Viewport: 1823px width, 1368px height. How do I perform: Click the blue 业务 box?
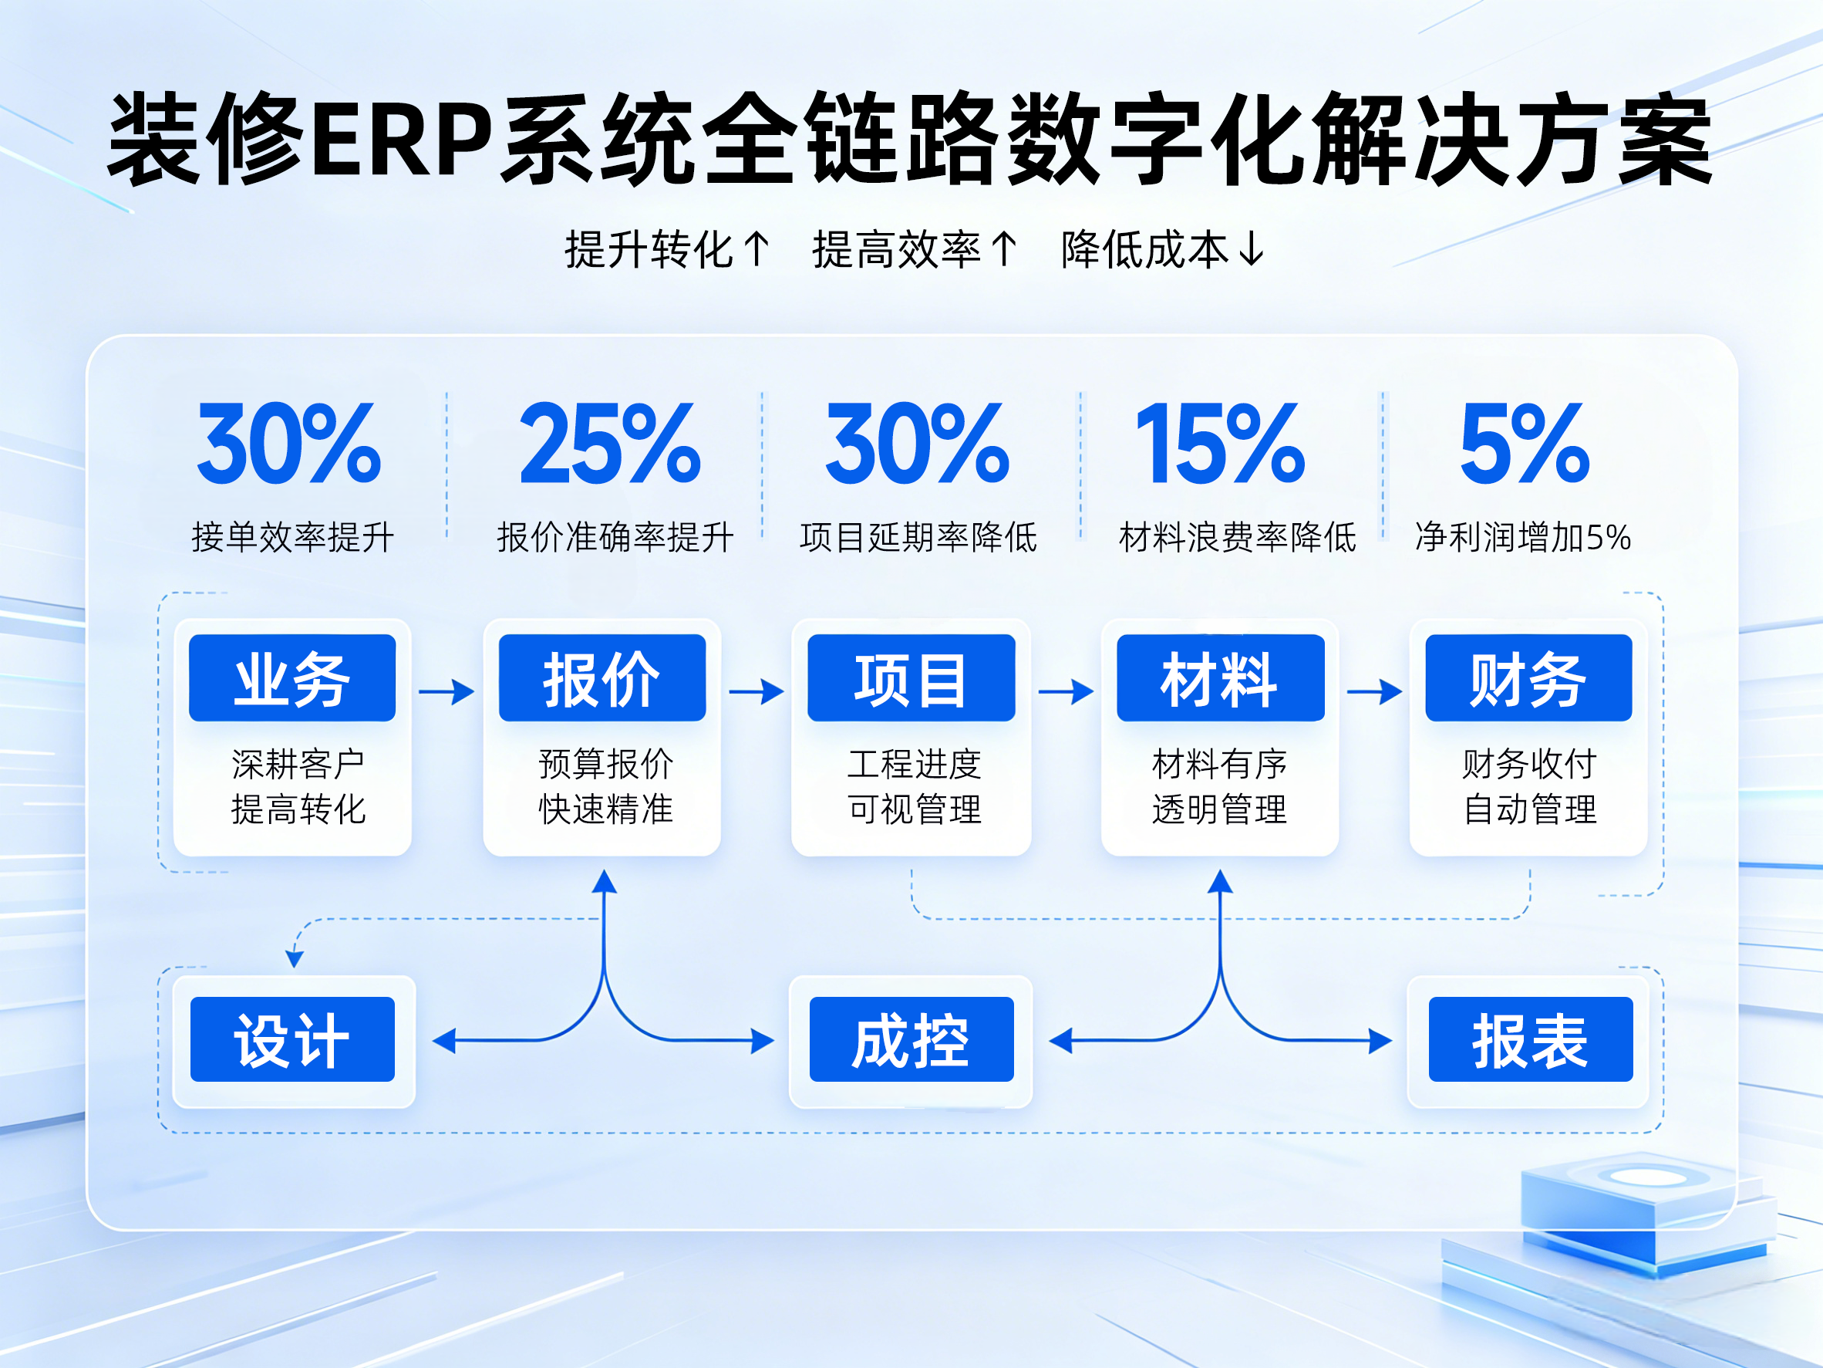(x=291, y=677)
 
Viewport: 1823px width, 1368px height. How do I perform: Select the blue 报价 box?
(x=601, y=677)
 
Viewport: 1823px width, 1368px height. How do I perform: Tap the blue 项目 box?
(x=911, y=677)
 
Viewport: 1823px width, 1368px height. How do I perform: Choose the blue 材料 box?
(x=1220, y=677)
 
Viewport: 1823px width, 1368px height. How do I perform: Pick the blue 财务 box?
(x=1528, y=677)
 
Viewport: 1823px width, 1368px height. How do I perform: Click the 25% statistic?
(x=610, y=444)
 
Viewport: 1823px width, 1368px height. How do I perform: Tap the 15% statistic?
(x=1221, y=444)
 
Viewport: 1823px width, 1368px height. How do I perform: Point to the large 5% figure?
(x=1525, y=444)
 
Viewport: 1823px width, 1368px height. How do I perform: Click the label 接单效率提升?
(x=292, y=538)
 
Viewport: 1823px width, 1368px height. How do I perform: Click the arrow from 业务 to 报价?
(x=446, y=691)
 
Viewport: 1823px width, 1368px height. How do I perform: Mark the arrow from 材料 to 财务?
(x=1375, y=691)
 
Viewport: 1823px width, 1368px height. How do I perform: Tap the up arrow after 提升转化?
(x=756, y=249)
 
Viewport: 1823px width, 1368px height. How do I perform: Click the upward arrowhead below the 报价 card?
(x=604, y=880)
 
